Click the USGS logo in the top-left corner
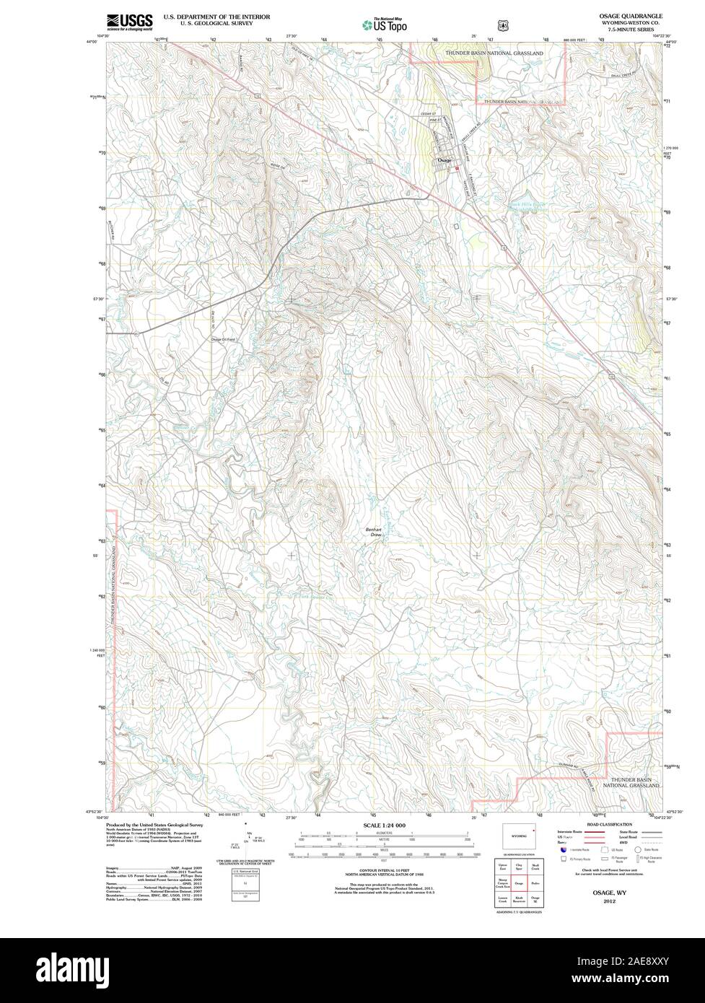[130, 22]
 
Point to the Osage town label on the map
[443, 160]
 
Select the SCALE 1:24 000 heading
[384, 824]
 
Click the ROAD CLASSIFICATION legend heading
[610, 824]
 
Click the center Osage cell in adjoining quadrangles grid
[519, 882]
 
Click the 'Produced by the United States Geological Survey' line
[154, 824]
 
